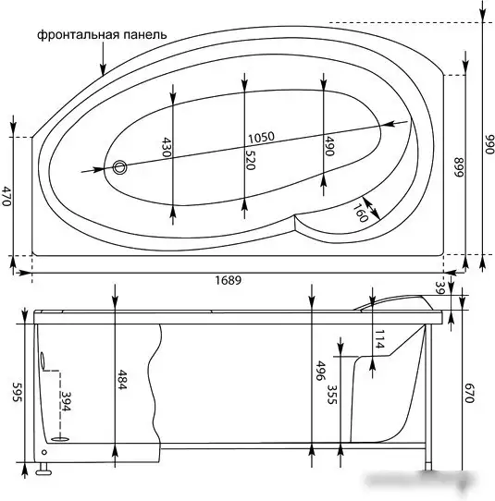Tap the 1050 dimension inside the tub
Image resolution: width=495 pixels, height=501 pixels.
[261, 138]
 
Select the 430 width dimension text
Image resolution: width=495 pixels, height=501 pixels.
[167, 148]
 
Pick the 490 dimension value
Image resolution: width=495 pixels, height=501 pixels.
[328, 146]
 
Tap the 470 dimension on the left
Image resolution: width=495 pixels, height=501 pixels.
[6, 196]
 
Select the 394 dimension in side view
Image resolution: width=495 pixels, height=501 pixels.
[66, 402]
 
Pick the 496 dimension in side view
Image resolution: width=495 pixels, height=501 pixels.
[321, 370]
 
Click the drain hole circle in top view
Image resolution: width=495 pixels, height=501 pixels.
[119, 167]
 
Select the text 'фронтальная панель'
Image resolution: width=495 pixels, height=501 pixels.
[102, 34]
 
